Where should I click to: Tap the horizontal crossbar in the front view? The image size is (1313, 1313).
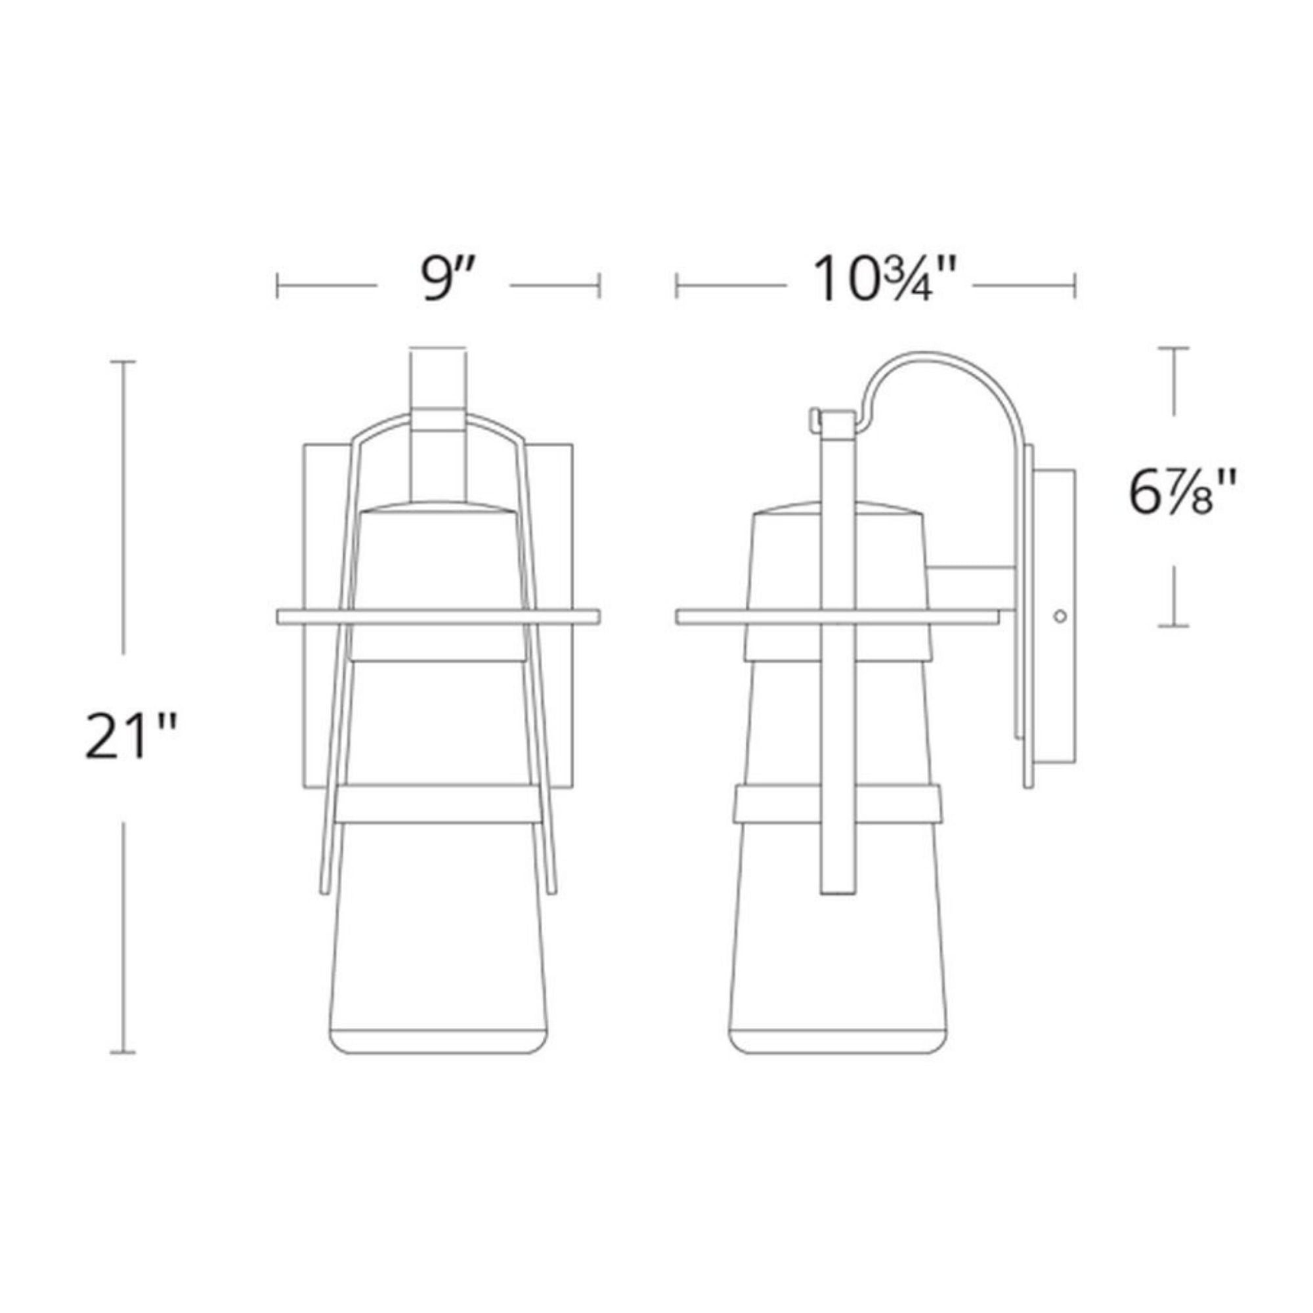click(439, 616)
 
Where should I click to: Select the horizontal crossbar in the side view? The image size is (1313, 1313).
click(837, 616)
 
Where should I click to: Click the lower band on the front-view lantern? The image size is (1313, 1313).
click(439, 805)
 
